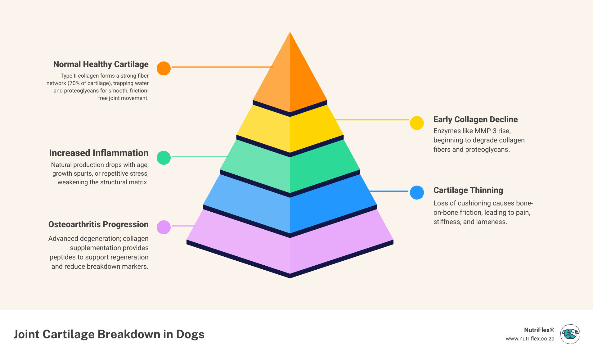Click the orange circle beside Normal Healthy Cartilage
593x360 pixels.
click(x=164, y=68)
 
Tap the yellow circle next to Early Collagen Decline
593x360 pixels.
click(x=417, y=123)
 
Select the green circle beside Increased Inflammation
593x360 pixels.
click(x=164, y=158)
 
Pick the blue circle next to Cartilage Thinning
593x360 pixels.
click(x=417, y=192)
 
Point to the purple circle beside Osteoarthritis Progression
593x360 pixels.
click(x=164, y=227)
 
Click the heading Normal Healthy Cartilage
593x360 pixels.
click(x=101, y=64)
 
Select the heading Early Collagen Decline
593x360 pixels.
click(x=475, y=119)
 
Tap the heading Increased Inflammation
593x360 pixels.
click(x=99, y=153)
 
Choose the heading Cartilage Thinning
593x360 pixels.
click(x=468, y=190)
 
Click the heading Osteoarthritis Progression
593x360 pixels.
click(x=98, y=224)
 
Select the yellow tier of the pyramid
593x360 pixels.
click(x=290, y=130)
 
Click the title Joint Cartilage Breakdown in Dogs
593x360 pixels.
click(x=109, y=334)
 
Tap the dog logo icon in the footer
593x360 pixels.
click(x=570, y=334)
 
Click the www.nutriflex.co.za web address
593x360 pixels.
click(x=530, y=339)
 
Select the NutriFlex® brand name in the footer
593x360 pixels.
click(x=539, y=330)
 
